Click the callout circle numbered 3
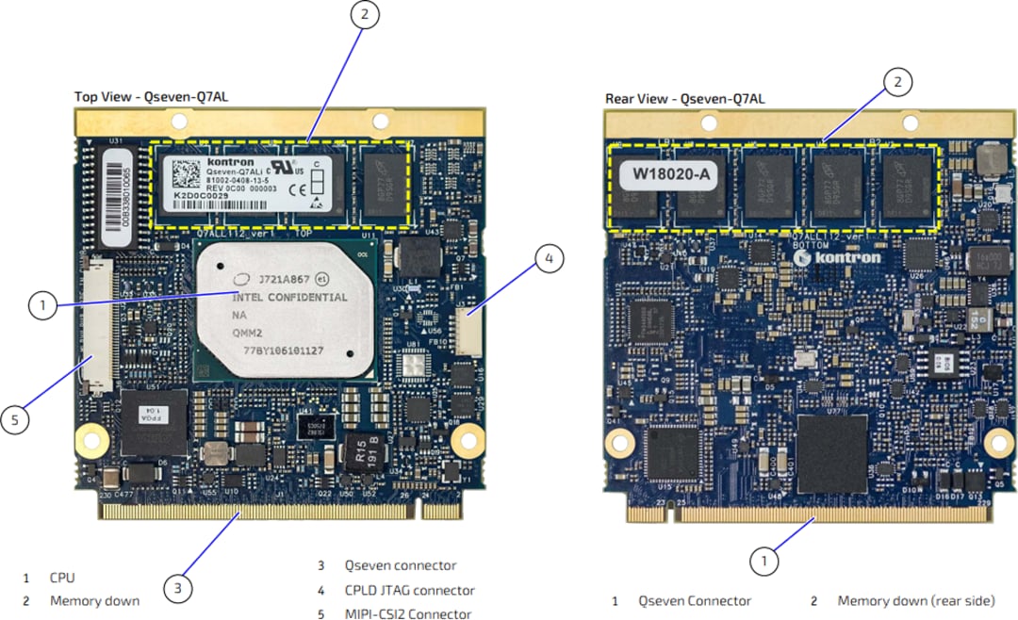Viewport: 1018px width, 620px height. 178,589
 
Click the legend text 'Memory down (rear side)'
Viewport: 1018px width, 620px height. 915,600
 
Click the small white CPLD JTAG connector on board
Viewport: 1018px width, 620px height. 468,331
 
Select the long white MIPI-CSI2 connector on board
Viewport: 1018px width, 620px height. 96,325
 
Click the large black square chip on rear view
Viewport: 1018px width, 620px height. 831,453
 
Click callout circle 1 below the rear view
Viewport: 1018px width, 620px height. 764,562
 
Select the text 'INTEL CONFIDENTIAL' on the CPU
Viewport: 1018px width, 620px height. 289,298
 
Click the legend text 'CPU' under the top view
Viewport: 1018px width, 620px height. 62,577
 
